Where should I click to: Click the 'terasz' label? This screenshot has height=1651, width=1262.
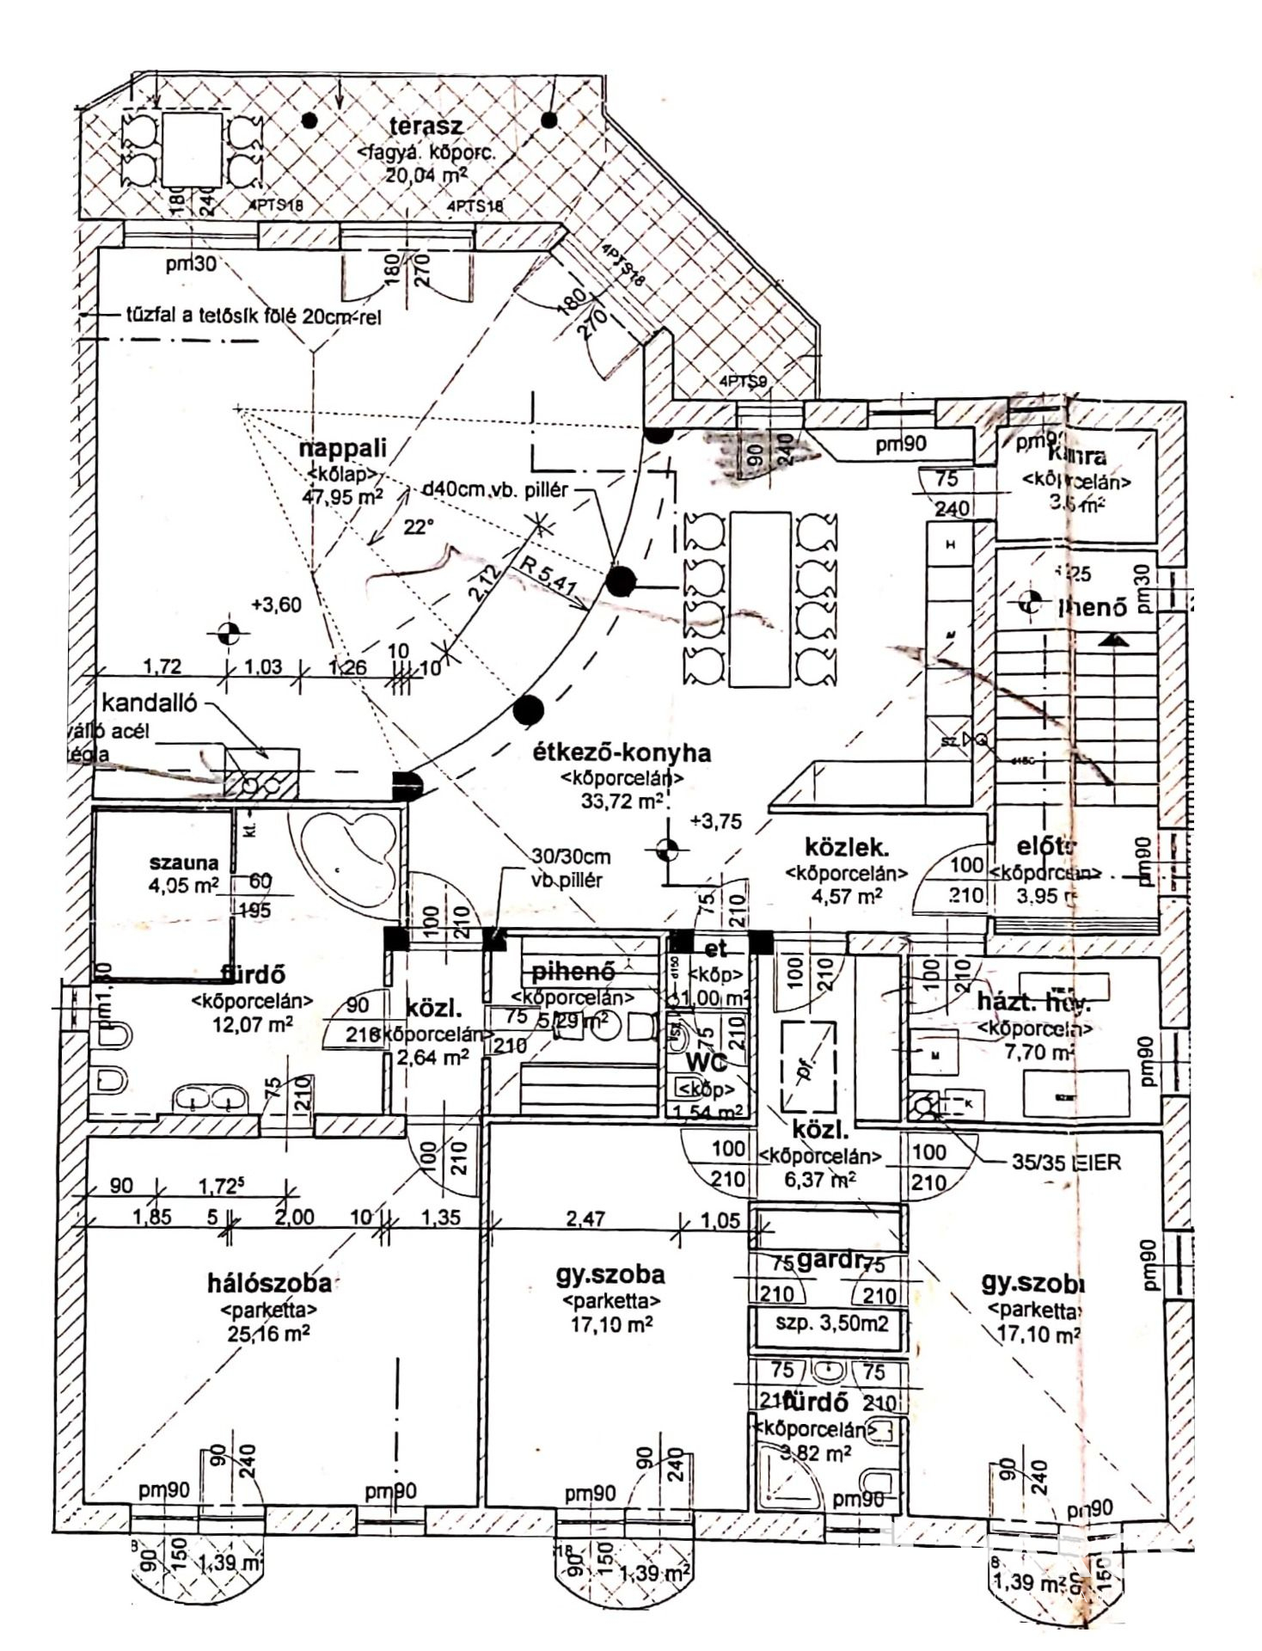(x=426, y=126)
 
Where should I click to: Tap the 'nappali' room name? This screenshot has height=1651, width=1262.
(x=343, y=448)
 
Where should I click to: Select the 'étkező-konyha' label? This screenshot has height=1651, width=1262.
(x=622, y=753)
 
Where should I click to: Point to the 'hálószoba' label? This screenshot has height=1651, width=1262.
(x=269, y=1283)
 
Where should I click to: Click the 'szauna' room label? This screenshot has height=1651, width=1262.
(x=184, y=862)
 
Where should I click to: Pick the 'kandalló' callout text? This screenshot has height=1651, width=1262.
(x=149, y=703)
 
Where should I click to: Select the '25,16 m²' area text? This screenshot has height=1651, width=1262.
(x=269, y=1333)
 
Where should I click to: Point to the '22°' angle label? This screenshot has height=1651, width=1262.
(x=419, y=527)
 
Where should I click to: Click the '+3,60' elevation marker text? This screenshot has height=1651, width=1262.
(x=276, y=605)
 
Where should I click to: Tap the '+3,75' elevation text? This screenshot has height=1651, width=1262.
(x=715, y=821)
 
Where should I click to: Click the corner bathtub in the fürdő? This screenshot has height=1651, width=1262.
(x=343, y=851)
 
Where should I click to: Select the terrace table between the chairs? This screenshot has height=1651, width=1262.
(x=189, y=150)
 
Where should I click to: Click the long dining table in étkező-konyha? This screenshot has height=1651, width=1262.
(x=759, y=599)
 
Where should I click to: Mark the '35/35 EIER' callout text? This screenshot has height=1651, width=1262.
(x=1066, y=1163)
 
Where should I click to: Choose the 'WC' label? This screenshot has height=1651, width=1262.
(x=706, y=1063)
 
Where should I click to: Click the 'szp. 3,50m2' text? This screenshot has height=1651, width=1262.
(x=831, y=1323)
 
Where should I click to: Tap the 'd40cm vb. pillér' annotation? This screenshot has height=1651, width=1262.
(x=496, y=490)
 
